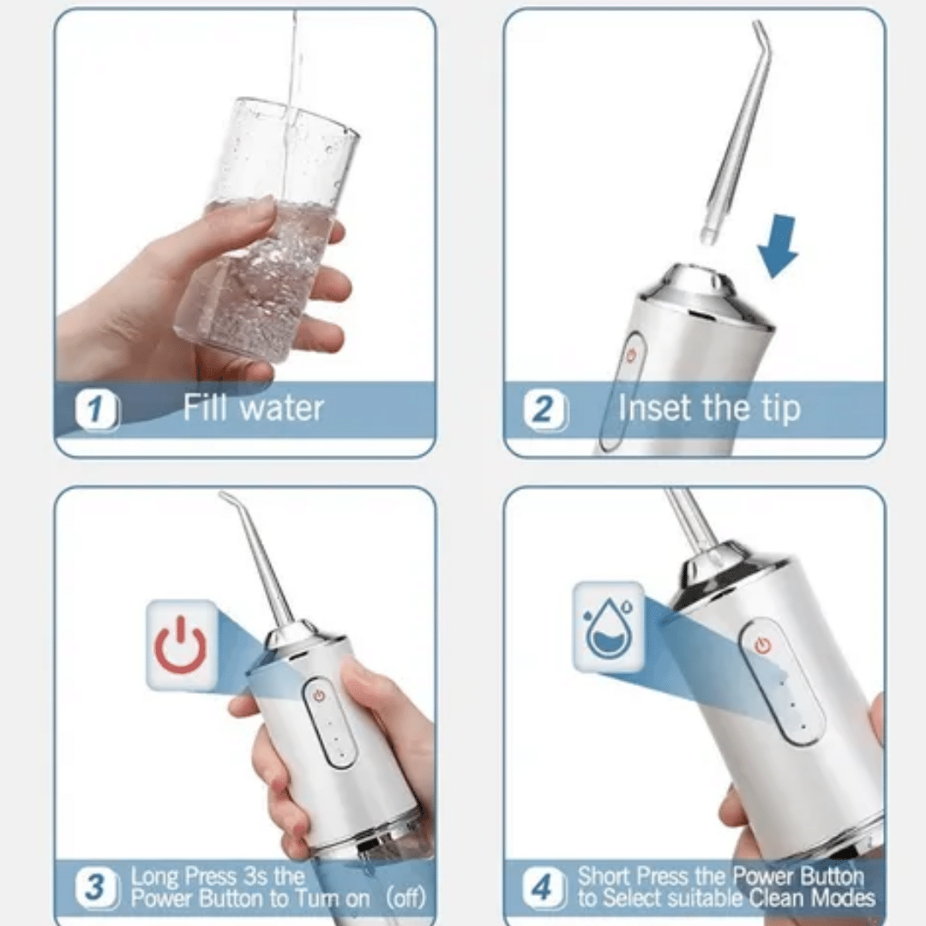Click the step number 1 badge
click(98, 411)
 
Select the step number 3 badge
click(97, 887)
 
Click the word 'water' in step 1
click(282, 407)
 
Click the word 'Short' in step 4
click(607, 876)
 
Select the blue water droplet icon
click(608, 628)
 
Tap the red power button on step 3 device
click(319, 696)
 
